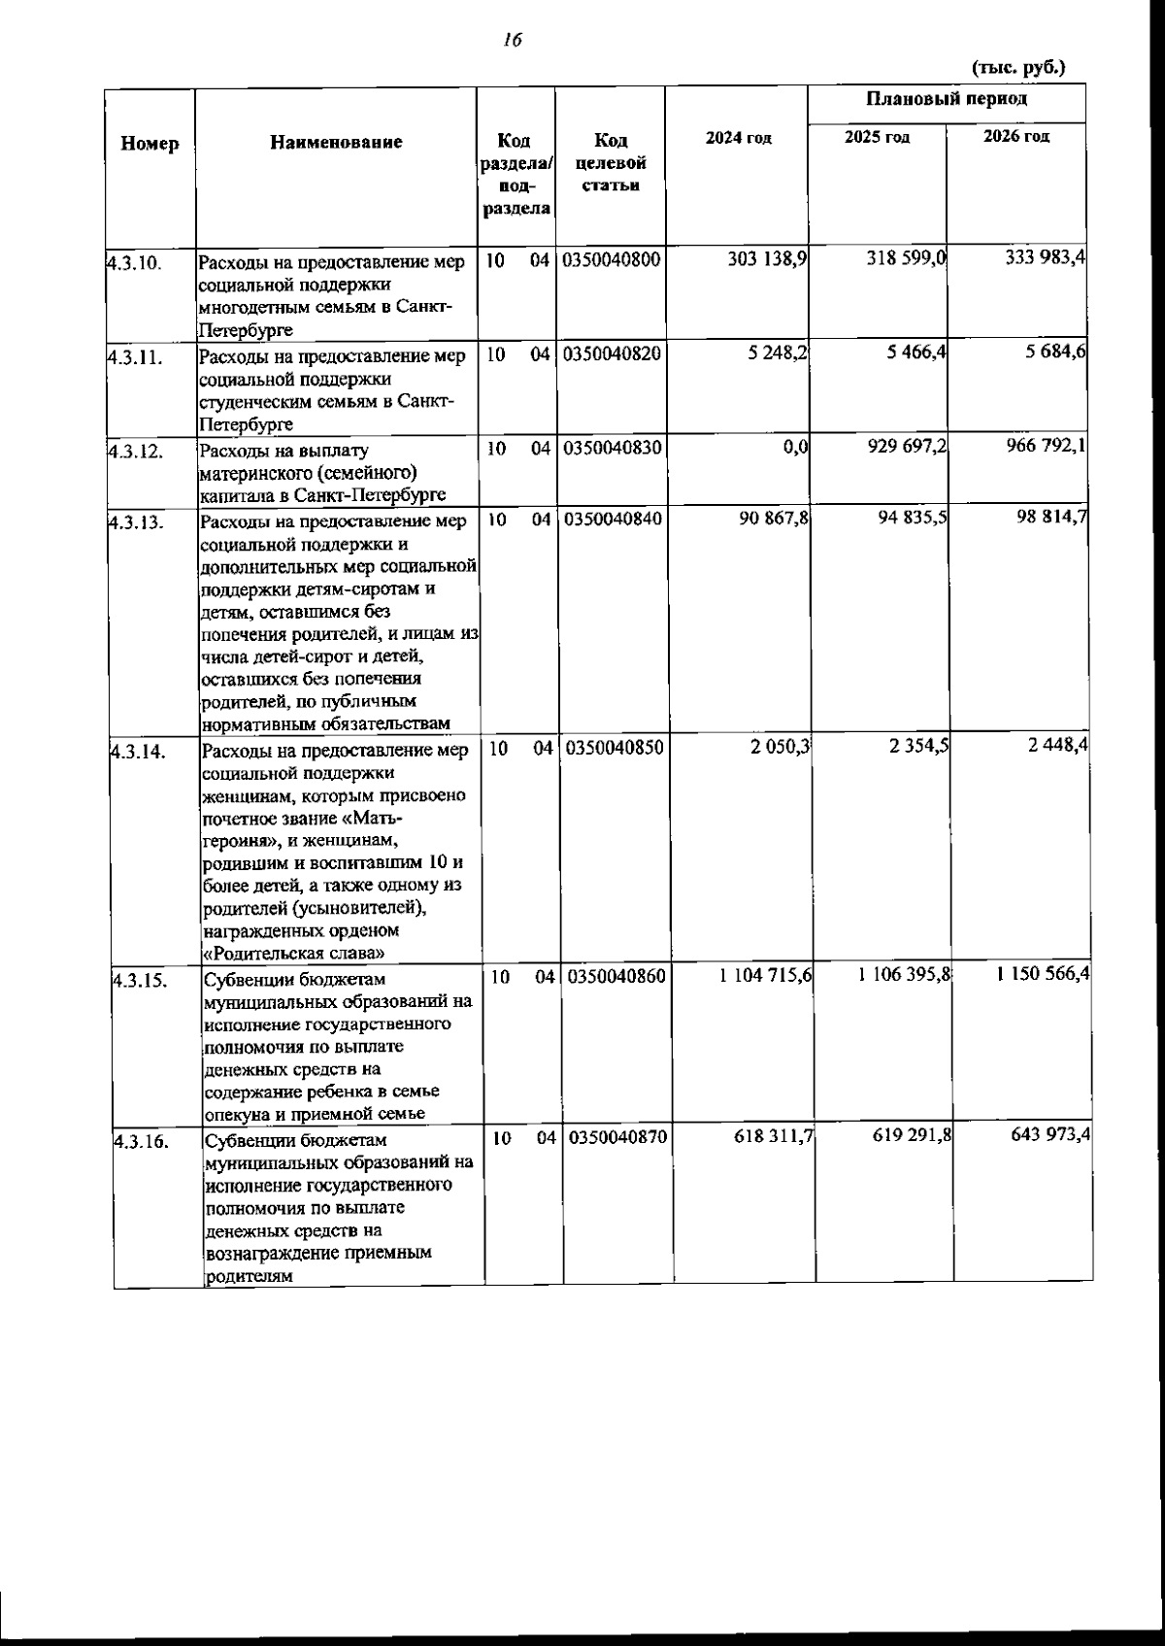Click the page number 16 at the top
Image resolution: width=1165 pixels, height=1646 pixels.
click(x=513, y=40)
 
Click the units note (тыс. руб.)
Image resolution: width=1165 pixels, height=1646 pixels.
click(x=1018, y=67)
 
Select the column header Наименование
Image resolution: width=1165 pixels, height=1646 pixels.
click(x=336, y=143)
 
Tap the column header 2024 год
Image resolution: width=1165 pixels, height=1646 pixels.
click(x=738, y=139)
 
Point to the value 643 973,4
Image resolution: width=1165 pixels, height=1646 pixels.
click(x=1047, y=1132)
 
